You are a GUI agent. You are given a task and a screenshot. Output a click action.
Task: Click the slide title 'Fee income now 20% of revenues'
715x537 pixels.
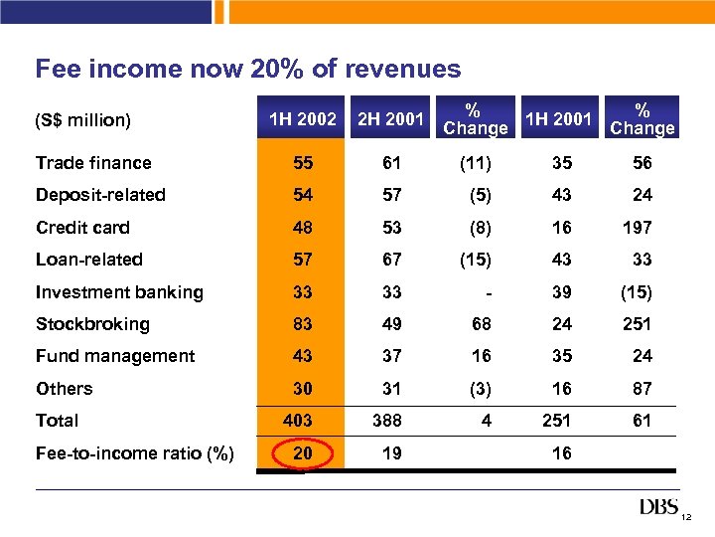tap(248, 69)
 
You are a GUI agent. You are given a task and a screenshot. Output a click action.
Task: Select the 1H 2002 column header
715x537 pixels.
tap(303, 120)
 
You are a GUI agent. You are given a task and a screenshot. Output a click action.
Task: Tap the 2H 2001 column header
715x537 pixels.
tap(390, 120)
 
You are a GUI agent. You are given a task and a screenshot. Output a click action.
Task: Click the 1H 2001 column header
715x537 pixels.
tap(558, 120)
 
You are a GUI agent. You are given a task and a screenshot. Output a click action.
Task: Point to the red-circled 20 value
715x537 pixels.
tap(303, 453)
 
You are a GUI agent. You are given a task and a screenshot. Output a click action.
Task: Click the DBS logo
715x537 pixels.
tap(659, 508)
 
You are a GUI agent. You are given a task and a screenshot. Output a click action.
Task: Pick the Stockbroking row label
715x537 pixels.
tap(92, 324)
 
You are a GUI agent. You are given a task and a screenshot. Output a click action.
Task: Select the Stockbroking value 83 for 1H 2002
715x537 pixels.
tap(303, 324)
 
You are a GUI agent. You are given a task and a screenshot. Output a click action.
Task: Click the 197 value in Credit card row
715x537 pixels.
tap(637, 228)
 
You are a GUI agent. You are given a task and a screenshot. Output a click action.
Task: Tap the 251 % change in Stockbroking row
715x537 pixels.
tap(637, 324)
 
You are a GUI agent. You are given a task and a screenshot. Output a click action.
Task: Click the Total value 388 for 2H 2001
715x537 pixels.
tap(387, 421)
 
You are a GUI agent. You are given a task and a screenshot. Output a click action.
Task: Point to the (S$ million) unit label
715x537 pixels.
tap(82, 120)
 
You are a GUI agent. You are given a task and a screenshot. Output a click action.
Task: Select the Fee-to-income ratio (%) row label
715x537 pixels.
tap(135, 453)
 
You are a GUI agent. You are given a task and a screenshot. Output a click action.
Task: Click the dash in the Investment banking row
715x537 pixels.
tap(486, 292)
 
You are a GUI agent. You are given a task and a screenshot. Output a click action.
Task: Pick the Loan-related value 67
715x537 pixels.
tap(391, 260)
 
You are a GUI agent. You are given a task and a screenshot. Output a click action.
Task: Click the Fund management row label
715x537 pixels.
tap(115, 356)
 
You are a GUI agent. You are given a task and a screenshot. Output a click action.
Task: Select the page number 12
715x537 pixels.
tap(686, 518)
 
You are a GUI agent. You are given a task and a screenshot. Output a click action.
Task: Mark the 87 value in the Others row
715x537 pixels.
tap(642, 389)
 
